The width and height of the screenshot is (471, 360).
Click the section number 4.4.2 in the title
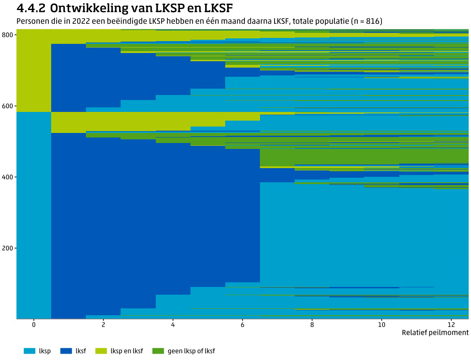click(x=31, y=8)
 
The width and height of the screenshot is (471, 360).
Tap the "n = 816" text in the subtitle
click(x=366, y=21)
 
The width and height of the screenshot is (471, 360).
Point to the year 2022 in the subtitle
click(x=74, y=21)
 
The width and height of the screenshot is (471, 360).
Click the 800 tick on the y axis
click(x=8, y=35)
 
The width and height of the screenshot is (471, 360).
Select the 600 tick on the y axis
click(x=8, y=106)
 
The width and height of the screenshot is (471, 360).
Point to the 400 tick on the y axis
click(x=8, y=177)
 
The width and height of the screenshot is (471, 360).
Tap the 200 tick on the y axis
click(x=8, y=248)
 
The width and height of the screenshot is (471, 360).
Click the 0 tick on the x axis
click(x=34, y=325)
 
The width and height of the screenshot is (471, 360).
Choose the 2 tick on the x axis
click(x=103, y=325)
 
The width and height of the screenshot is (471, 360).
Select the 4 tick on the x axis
click(x=173, y=325)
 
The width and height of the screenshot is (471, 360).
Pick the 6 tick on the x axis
click(x=243, y=325)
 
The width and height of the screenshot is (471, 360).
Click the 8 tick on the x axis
click(x=312, y=325)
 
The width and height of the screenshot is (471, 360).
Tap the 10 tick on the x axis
click(x=381, y=325)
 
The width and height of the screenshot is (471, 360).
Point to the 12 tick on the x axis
click(x=451, y=325)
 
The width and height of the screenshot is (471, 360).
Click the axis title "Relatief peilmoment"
click(x=435, y=333)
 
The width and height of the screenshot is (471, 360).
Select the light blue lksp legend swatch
click(x=29, y=351)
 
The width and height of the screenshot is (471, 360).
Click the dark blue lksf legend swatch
click(x=66, y=351)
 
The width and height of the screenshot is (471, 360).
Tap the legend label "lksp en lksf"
click(x=127, y=351)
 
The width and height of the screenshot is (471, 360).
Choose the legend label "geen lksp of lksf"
click(x=191, y=351)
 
